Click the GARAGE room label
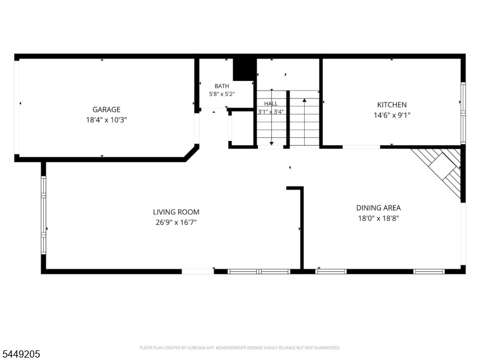click(106, 109)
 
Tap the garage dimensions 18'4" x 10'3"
click(106, 119)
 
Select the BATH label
click(221, 86)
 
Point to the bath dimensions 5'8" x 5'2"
click(221, 94)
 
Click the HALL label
click(271, 104)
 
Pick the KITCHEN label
click(392, 104)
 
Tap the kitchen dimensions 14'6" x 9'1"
click(392, 115)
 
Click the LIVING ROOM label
click(176, 212)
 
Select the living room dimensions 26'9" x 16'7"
click(176, 222)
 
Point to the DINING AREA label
click(379, 208)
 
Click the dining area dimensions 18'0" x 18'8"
click(379, 218)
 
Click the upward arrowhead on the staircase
click(304, 100)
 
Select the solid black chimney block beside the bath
click(244, 70)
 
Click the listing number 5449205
click(20, 354)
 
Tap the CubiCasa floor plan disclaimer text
click(239, 348)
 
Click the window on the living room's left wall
click(43, 215)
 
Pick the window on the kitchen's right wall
click(463, 113)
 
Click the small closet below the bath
click(242, 128)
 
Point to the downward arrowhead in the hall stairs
click(272, 143)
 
